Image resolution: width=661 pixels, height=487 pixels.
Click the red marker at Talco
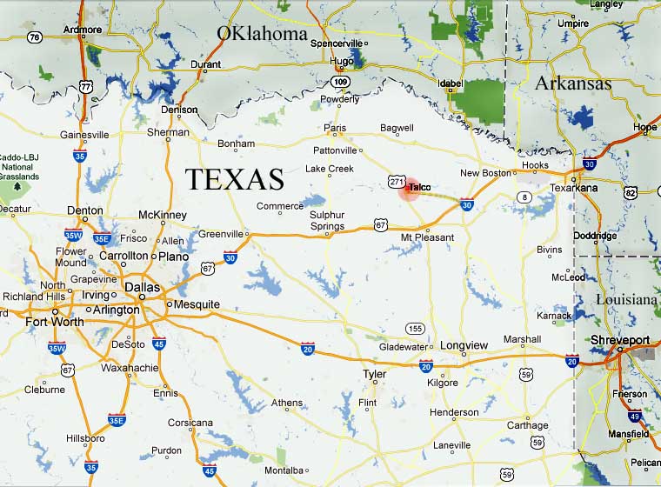409,190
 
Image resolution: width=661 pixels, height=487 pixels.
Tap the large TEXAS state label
235,179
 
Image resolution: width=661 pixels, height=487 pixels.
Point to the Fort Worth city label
55,322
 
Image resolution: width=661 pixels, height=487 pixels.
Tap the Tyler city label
374,374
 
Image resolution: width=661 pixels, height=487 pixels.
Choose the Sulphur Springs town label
327,221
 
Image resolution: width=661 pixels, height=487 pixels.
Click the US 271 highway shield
397,181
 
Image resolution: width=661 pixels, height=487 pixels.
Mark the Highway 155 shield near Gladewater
416,328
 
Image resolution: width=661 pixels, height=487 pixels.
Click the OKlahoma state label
262,34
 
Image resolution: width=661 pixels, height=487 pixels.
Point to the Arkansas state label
572,83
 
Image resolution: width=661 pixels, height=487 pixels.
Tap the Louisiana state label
626,299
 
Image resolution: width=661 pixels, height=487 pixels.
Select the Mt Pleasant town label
427,237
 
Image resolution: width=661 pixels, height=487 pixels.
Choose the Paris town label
335,128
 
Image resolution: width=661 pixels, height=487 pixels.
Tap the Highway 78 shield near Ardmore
35,37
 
